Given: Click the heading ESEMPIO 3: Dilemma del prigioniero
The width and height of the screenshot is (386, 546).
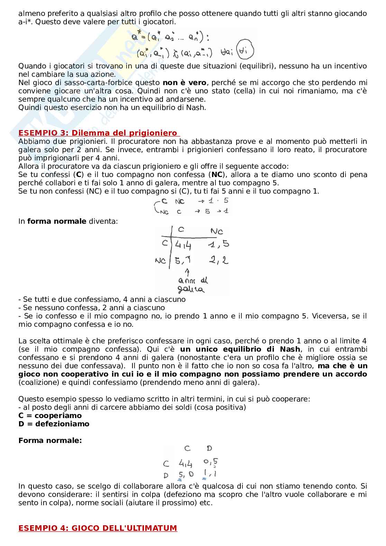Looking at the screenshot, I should point(98,133).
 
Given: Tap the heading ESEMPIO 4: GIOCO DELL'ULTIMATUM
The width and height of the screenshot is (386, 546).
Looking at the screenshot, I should point(98,528).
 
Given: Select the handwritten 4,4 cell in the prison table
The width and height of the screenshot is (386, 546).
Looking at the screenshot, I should point(183,245).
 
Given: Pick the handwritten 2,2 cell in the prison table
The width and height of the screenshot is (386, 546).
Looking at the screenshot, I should point(219,260).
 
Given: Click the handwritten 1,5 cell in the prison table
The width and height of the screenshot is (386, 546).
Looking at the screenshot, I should point(219,244).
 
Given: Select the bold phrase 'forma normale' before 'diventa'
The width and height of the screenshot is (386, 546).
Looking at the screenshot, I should point(57,221).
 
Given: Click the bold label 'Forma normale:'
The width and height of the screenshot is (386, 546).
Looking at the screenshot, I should point(50,441).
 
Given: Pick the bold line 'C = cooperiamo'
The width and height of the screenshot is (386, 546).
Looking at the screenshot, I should point(50,416).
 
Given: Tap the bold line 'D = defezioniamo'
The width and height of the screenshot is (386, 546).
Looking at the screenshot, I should point(54,424).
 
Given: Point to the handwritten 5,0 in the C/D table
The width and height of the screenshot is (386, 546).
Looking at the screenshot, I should point(186,474).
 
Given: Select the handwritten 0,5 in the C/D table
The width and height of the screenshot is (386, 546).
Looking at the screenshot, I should point(211,462).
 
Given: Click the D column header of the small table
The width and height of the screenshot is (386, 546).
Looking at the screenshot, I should point(209,448).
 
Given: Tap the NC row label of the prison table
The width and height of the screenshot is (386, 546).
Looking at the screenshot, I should point(160,260).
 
